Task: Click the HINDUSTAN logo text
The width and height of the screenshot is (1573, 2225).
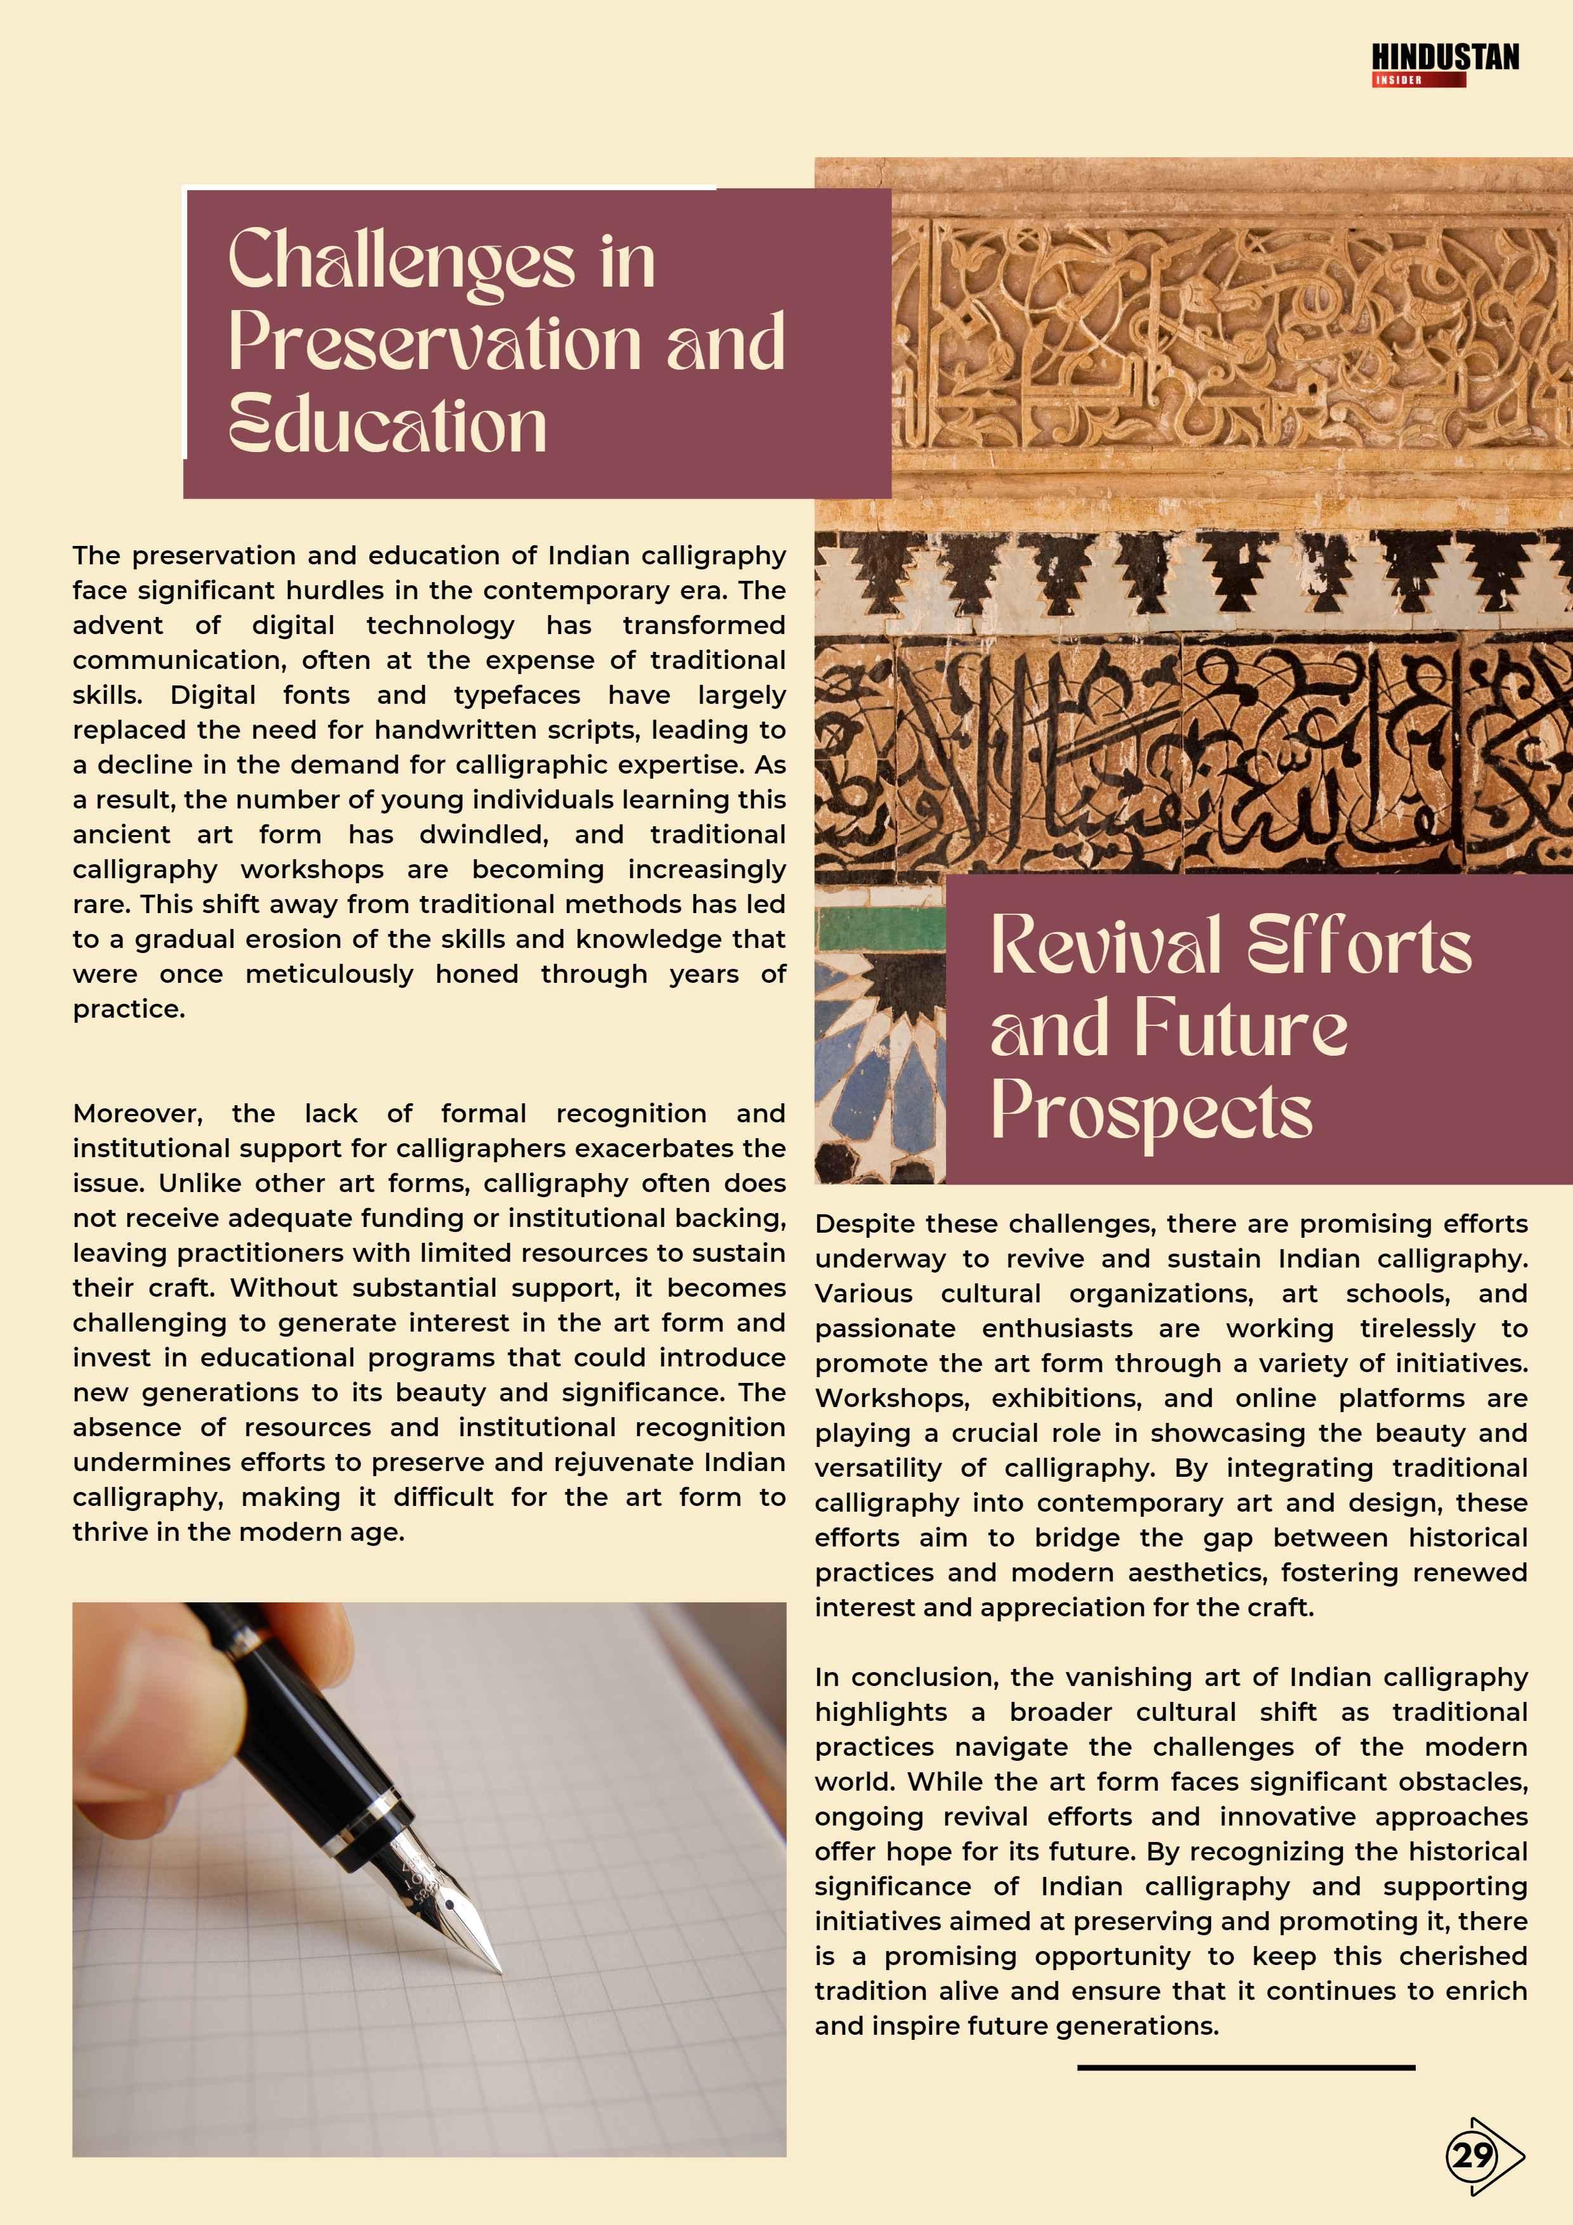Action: tap(1444, 58)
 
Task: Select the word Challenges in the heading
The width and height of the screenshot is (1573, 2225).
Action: tap(401, 262)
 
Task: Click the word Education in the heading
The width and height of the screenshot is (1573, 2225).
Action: tap(387, 426)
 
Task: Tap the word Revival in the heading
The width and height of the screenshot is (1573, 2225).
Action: tap(1105, 946)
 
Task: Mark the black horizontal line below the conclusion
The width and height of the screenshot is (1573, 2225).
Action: tap(1245, 2067)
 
